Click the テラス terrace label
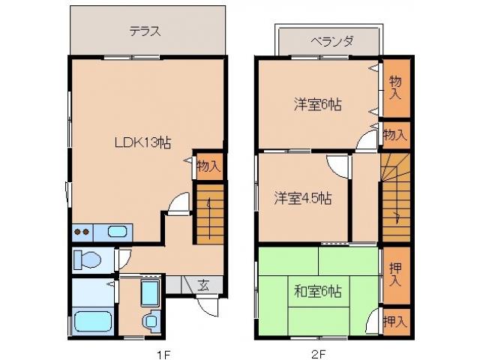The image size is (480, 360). click(x=146, y=31)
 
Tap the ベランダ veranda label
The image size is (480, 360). click(x=332, y=41)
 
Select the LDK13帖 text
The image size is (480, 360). click(x=143, y=142)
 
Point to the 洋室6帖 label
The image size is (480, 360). click(x=317, y=106)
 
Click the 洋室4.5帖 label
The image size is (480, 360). click(x=302, y=199)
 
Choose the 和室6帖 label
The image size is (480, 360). click(x=316, y=289)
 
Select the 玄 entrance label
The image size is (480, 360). click(x=204, y=285)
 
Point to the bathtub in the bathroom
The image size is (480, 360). click(x=93, y=322)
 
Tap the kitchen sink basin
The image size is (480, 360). click(x=117, y=231)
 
